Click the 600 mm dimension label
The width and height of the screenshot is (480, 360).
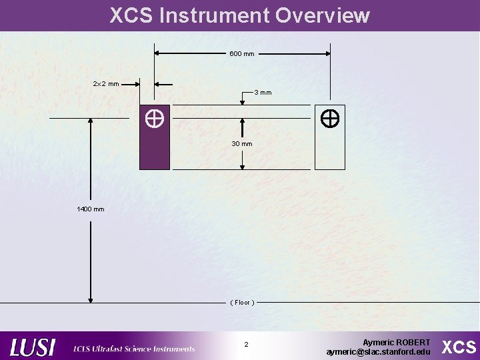tap(241, 53)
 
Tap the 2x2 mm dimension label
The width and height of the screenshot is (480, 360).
tap(106, 84)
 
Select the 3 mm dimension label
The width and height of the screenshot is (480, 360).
tap(263, 92)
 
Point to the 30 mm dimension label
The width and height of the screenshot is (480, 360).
tap(241, 144)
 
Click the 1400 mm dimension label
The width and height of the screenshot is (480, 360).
tap(91, 209)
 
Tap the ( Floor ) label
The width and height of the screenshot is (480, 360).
tap(241, 303)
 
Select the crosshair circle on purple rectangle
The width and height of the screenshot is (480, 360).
tap(155, 119)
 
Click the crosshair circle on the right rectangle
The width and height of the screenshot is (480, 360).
tap(330, 119)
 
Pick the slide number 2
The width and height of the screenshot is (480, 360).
tap(246, 345)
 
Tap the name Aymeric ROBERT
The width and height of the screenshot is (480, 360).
tap(396, 342)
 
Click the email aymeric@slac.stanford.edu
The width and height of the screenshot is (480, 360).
tap(378, 351)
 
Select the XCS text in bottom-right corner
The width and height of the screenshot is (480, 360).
tap(459, 347)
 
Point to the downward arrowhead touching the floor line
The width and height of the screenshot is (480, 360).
tap(91, 299)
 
